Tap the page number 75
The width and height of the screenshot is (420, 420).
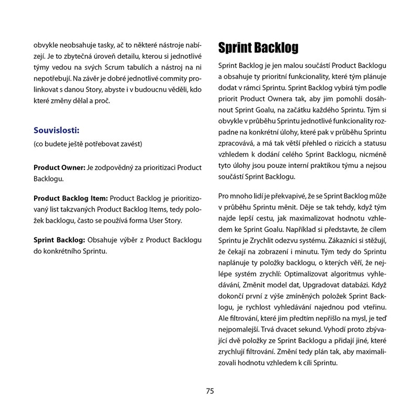210,391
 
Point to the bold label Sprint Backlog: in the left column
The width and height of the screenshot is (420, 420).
59,239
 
